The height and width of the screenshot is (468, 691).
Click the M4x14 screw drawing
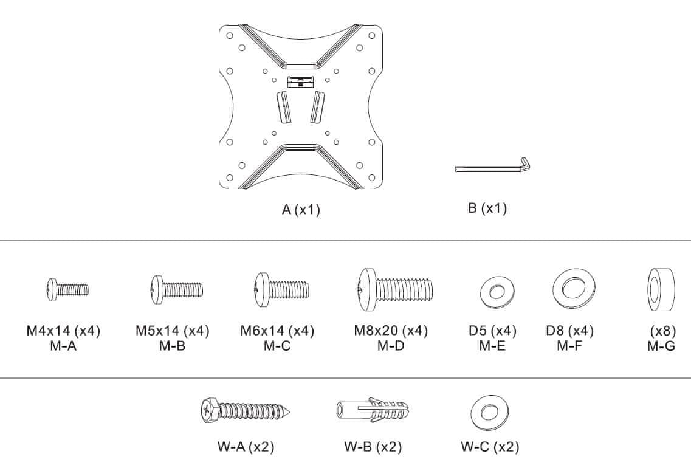[x=67, y=289]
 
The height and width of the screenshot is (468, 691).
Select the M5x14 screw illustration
[x=176, y=289]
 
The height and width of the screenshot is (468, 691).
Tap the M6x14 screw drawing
[x=281, y=289]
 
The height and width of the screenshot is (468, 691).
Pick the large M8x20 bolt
[x=394, y=289]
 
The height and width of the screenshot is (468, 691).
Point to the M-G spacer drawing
[x=661, y=289]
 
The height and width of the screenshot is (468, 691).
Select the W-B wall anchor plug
[x=373, y=410]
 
